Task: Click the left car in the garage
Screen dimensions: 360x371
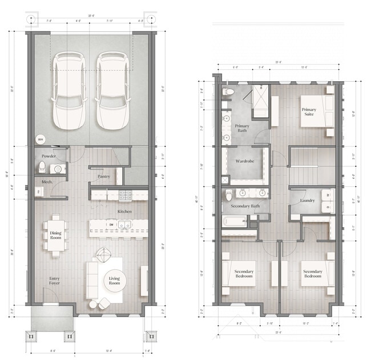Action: (69, 91)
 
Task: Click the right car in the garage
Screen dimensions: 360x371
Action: (111, 91)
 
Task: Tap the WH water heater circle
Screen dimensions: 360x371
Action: (41, 138)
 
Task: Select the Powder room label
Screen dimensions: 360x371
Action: (49, 155)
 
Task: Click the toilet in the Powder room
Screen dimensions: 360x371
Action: (42, 167)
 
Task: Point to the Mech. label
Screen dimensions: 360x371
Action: (47, 182)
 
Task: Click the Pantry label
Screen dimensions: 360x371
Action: (104, 177)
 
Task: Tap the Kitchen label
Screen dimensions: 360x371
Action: (125, 211)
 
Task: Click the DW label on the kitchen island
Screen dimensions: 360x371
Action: (111, 225)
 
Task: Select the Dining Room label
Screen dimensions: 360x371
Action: (55, 235)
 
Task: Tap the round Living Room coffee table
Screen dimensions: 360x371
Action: (115, 281)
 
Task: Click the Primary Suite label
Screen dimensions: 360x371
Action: (309, 112)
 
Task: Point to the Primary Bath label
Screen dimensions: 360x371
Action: (242, 128)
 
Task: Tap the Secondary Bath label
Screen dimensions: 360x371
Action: (245, 206)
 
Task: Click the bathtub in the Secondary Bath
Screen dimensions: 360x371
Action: (235, 221)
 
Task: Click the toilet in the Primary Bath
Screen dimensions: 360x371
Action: (228, 92)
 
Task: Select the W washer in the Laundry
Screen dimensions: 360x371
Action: (328, 195)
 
